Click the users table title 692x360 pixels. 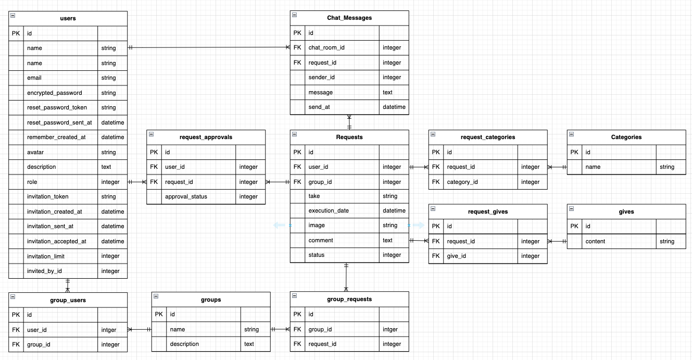pyautogui.click(x=68, y=18)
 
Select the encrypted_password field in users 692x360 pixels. pyautogui.click(x=54, y=93)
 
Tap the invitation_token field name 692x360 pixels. pyautogui.click(x=47, y=196)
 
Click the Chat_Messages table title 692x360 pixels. pyautogui.click(x=349, y=18)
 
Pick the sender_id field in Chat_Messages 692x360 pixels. pyautogui.click(x=321, y=77)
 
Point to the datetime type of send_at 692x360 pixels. pyautogui.click(x=394, y=107)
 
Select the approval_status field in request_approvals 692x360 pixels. pyautogui.click(x=185, y=196)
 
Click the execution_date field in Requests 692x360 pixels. pyautogui.click(x=329, y=210)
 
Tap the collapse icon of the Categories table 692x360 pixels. pyautogui.click(x=571, y=134)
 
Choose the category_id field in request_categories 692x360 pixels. pyautogui.click(x=462, y=182)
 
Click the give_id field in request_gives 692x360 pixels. pyautogui.click(x=456, y=256)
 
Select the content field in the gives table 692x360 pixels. pyautogui.click(x=595, y=241)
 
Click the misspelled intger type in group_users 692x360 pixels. pyautogui.click(x=109, y=330)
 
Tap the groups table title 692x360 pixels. pyautogui.click(x=211, y=300)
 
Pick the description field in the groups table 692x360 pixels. pyautogui.click(x=184, y=344)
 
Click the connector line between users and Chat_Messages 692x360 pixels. pyautogui.click(x=208, y=47)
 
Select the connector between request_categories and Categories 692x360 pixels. pyautogui.click(x=557, y=167)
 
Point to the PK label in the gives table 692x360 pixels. pyautogui.click(x=574, y=226)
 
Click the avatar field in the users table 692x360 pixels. pyautogui.click(x=36, y=152)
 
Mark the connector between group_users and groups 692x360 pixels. pyautogui.click(x=139, y=329)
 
